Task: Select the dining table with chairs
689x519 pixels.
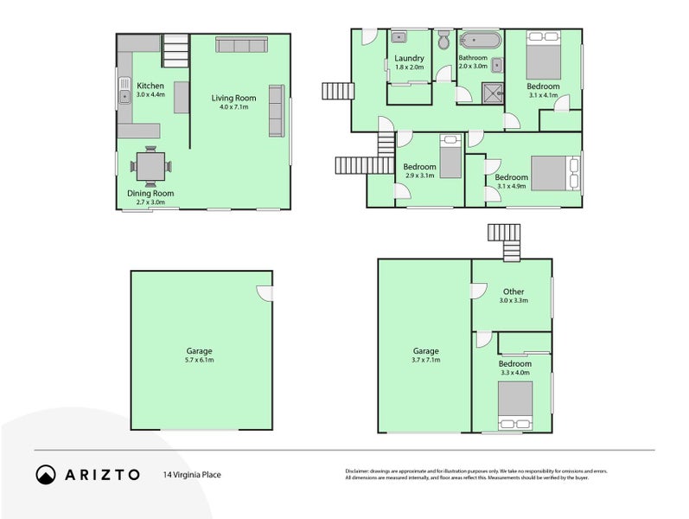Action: (151, 165)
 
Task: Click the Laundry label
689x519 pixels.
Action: (410, 58)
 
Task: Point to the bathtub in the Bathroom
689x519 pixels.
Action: (480, 40)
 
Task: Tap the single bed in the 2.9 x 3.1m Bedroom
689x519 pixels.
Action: (450, 157)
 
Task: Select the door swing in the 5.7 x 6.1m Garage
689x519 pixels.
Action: (265, 294)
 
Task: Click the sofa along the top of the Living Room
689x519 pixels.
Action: (241, 45)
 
